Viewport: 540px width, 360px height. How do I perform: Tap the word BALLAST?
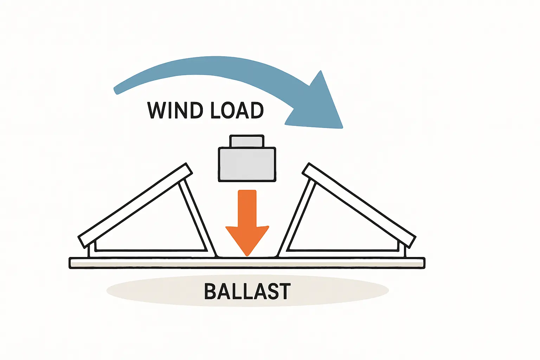click(x=247, y=291)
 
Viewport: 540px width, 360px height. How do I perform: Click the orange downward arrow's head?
click(x=247, y=239)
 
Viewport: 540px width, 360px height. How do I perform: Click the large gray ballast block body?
click(x=247, y=165)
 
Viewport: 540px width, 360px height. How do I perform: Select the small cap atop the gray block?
click(x=246, y=141)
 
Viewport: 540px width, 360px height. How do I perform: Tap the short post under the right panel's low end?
click(x=403, y=250)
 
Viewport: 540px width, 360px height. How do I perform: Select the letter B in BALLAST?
click(x=210, y=291)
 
